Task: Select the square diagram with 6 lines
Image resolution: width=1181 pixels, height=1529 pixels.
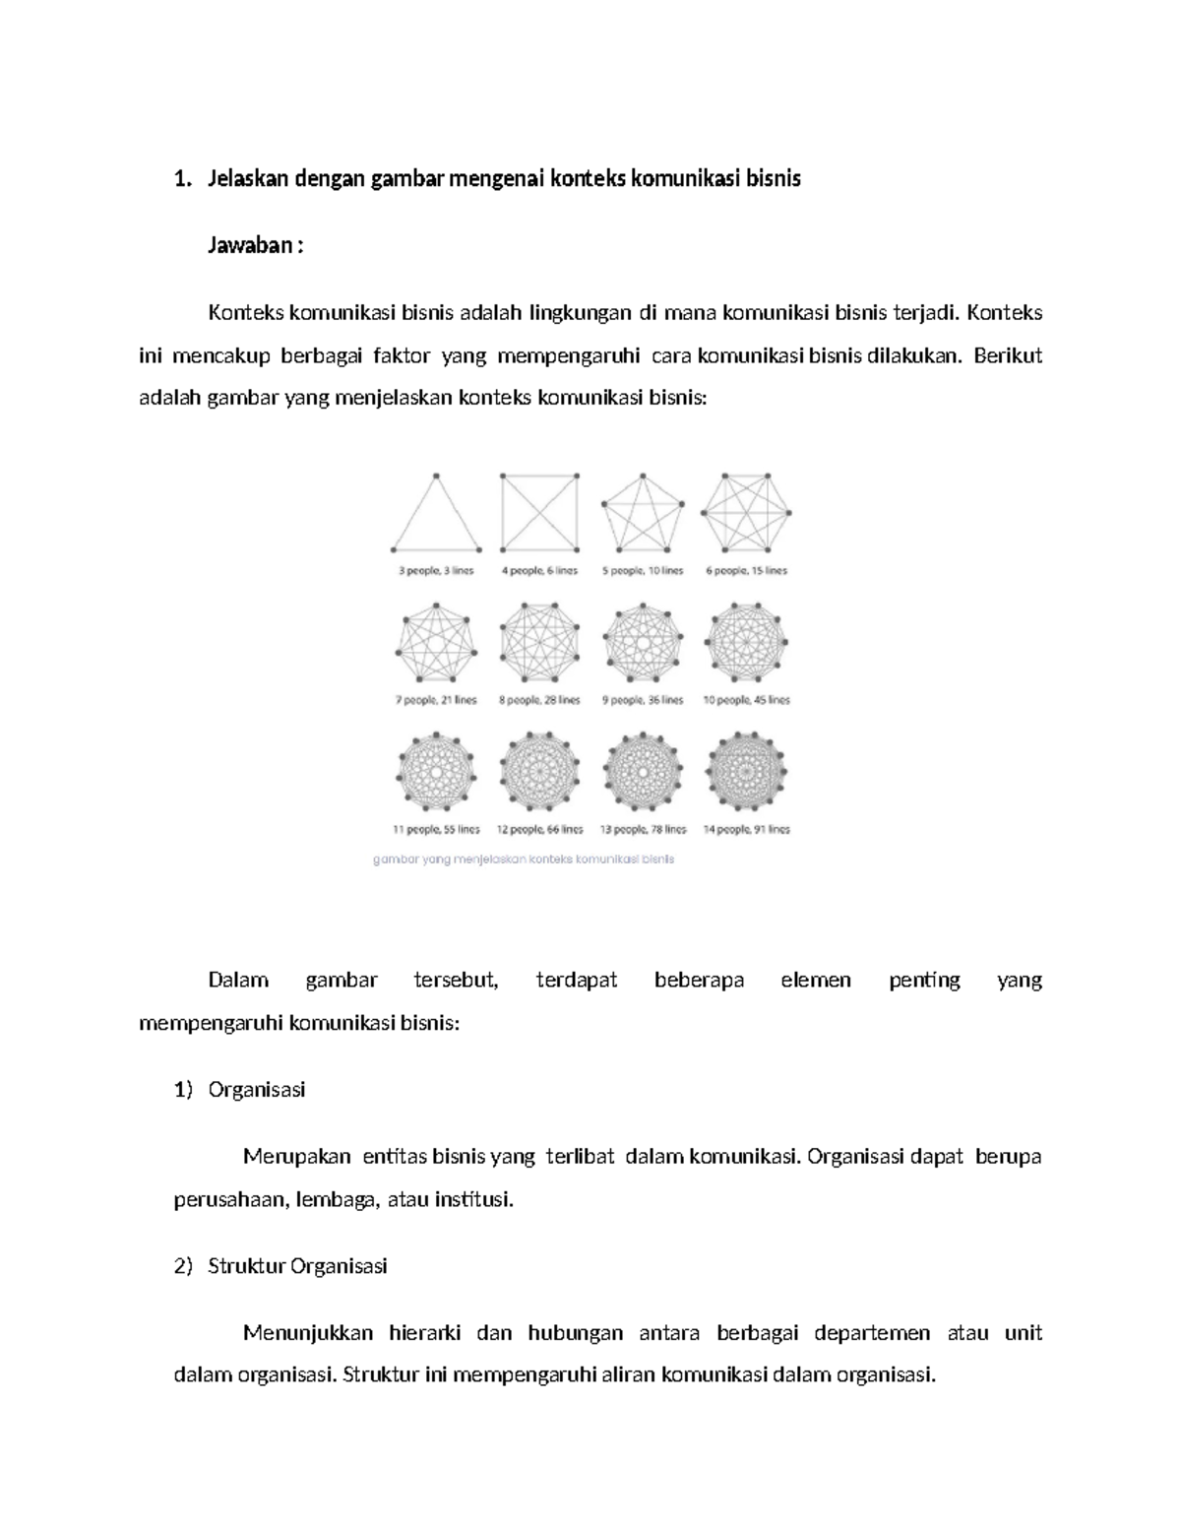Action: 539,512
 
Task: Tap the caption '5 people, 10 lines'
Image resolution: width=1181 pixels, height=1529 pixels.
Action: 642,571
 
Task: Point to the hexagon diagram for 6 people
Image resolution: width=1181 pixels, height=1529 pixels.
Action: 746,512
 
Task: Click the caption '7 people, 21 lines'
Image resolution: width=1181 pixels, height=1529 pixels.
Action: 436,700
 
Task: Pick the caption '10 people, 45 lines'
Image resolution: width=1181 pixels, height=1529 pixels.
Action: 746,700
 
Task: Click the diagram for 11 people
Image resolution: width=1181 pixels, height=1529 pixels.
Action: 436,771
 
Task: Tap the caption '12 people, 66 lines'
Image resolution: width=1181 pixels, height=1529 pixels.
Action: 539,829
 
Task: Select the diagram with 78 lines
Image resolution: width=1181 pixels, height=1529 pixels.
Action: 642,771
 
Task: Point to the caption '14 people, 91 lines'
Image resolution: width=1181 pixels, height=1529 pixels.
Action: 746,829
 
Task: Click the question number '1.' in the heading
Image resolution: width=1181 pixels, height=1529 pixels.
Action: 180,179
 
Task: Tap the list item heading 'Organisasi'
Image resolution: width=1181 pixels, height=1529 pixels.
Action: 257,1090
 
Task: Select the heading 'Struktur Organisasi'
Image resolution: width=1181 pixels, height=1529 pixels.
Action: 297,1266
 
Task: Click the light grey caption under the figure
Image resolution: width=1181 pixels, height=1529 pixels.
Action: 524,859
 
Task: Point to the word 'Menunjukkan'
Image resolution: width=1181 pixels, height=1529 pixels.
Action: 308,1333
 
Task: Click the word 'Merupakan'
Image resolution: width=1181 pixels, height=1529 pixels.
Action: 296,1157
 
